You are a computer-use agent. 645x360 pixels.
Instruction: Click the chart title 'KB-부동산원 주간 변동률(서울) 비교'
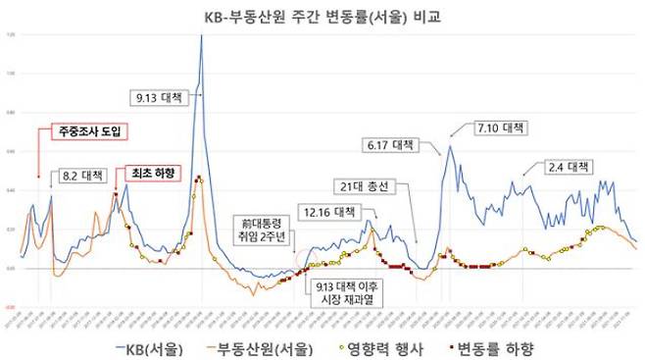(322, 16)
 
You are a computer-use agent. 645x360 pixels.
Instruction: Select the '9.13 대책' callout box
(161, 97)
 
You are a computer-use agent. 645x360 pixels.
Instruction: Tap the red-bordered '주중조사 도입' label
(92, 129)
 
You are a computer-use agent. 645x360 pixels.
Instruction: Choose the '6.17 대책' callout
(391, 144)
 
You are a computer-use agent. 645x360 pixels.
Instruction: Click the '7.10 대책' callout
(499, 128)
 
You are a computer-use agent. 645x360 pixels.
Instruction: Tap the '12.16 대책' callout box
(327, 211)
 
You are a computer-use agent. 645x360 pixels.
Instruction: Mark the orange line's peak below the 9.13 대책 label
(198, 178)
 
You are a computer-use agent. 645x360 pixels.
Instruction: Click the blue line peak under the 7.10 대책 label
(450, 146)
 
